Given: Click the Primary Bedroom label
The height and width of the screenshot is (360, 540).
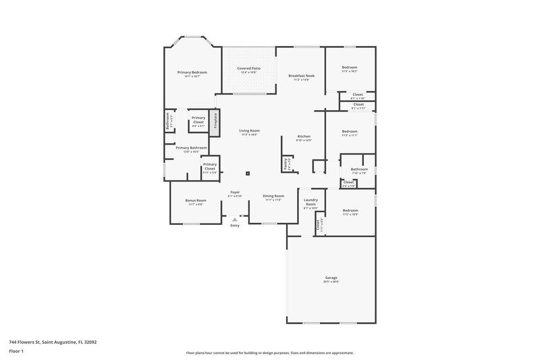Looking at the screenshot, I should pos(192,72).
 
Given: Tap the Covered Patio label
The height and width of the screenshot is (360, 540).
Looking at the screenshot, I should pos(248,69).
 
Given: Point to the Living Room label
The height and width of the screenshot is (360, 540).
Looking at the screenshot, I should pos(250,131).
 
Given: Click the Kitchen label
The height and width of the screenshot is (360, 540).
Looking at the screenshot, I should pos(304,137).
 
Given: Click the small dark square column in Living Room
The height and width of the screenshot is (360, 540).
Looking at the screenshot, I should pos(248,173).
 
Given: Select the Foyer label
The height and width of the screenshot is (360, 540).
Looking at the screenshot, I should pos(235,192).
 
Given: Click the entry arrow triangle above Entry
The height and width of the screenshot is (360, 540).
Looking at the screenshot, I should pos(235,220).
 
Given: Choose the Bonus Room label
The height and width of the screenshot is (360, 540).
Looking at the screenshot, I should pos(196,201).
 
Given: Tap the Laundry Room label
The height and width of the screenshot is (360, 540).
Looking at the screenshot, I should pos(310,201).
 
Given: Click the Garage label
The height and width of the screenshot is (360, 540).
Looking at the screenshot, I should pos(331,277).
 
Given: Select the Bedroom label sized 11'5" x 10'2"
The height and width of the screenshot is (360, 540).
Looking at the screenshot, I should pos(349,68).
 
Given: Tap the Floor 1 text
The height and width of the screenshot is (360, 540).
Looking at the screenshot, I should pos(17,351).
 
